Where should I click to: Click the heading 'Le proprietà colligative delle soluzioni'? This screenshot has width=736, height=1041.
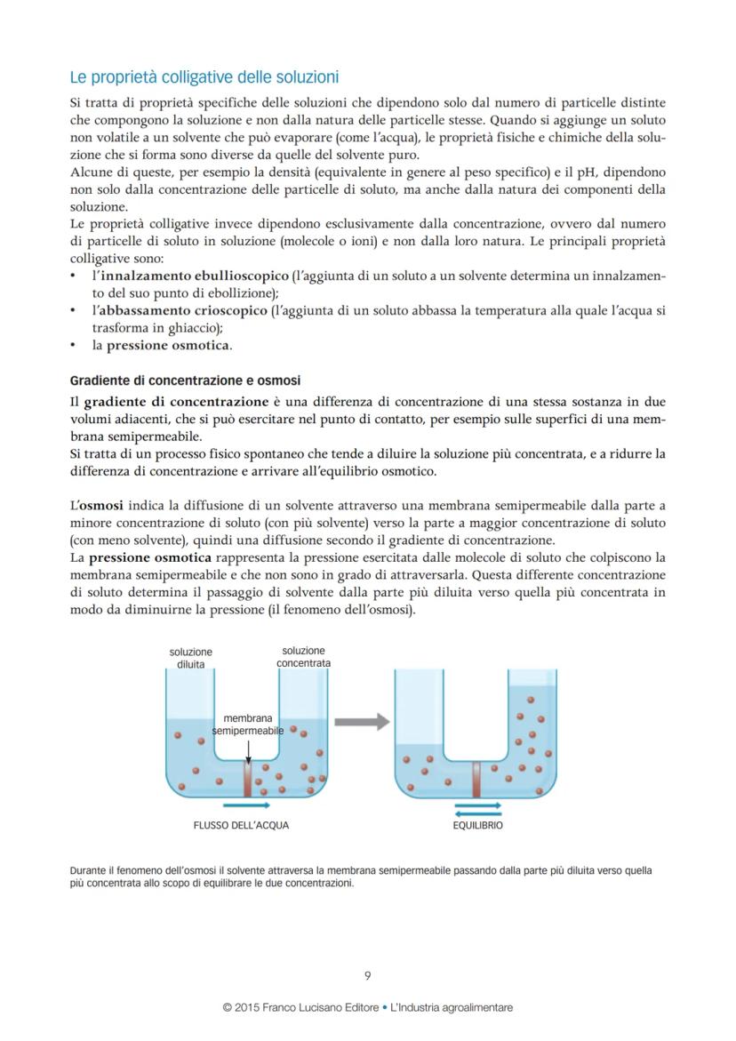(x=204, y=77)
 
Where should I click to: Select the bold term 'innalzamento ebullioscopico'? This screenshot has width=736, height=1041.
(x=190, y=276)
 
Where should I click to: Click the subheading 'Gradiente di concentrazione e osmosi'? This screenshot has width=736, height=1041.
(x=185, y=380)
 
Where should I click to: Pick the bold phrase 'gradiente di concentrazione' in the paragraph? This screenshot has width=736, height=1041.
(x=176, y=402)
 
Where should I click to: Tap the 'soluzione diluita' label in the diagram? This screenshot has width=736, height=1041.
(x=191, y=658)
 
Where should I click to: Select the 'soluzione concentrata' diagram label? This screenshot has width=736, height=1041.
(x=303, y=657)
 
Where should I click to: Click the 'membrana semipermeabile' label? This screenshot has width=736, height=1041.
(x=248, y=724)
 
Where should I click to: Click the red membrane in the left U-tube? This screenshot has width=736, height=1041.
(x=248, y=777)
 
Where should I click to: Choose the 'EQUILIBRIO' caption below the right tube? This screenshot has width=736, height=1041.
(x=477, y=825)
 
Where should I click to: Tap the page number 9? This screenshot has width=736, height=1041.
(x=368, y=975)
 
